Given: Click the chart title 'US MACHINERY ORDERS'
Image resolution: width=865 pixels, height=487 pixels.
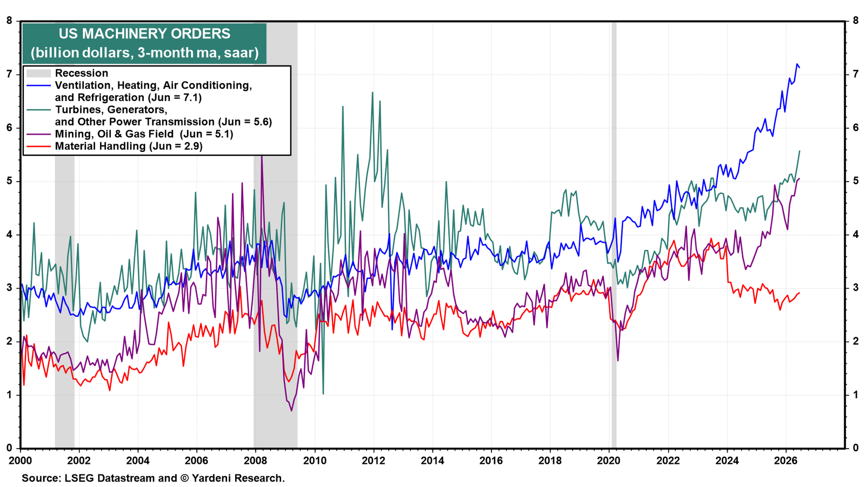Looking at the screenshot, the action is pyautogui.click(x=144, y=34).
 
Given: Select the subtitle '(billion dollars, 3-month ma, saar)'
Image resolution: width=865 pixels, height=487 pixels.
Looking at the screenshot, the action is pyautogui.click(x=144, y=52).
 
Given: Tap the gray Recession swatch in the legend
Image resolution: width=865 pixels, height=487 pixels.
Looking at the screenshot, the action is pyautogui.click(x=38, y=73).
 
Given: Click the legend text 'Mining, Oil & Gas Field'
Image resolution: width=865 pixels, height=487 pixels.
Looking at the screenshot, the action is pyautogui.click(x=114, y=134).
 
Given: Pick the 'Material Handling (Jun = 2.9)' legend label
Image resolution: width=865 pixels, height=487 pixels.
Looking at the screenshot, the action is pyautogui.click(x=129, y=146).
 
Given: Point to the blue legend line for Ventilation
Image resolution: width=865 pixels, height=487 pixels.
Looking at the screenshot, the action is pyautogui.click(x=38, y=85).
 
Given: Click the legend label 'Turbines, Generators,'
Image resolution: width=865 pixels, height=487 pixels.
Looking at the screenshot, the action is pyautogui.click(x=111, y=110).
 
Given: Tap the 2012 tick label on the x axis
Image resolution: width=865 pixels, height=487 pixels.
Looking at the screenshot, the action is pyautogui.click(x=374, y=461).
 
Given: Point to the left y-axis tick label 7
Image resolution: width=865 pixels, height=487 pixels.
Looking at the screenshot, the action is pyautogui.click(x=9, y=74).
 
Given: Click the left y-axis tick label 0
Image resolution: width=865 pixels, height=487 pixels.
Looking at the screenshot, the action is pyautogui.click(x=9, y=448).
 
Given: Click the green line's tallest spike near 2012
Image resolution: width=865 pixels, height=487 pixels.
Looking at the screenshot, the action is pyautogui.click(x=372, y=92).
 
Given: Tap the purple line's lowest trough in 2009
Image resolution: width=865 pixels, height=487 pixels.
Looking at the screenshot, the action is pyautogui.click(x=291, y=411).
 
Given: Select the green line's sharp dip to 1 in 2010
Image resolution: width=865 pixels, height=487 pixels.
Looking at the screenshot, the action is pyautogui.click(x=323, y=393).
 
